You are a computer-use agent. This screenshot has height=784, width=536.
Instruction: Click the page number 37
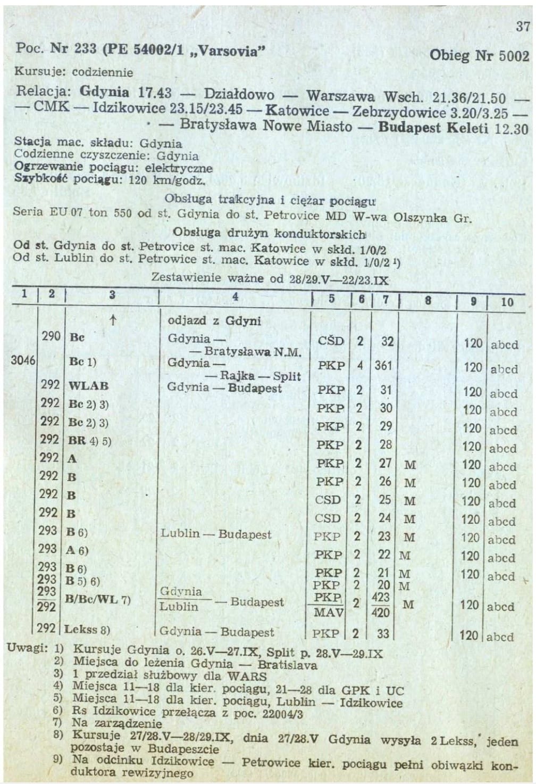[x=522, y=26]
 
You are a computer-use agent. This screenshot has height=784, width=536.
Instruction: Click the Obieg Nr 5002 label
[x=479, y=56]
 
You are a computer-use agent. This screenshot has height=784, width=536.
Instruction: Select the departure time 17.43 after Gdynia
[x=155, y=93]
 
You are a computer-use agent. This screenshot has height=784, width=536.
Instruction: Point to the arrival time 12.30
[x=511, y=129]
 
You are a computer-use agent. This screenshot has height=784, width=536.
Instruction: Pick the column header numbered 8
[x=428, y=300]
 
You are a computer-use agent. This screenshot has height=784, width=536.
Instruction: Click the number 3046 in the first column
[x=23, y=360]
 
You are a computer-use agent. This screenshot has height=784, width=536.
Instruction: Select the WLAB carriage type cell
[x=88, y=385]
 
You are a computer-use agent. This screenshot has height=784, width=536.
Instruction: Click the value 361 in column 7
[x=383, y=366]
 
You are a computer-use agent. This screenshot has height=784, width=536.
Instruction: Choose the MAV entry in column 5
[x=328, y=613]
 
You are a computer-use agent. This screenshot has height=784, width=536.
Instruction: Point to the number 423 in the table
[x=381, y=597]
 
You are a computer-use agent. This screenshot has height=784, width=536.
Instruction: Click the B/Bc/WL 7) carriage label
[x=97, y=600]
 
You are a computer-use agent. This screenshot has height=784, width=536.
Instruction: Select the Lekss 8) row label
[x=87, y=630]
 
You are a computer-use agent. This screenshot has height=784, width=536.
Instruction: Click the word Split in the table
[x=287, y=376]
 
